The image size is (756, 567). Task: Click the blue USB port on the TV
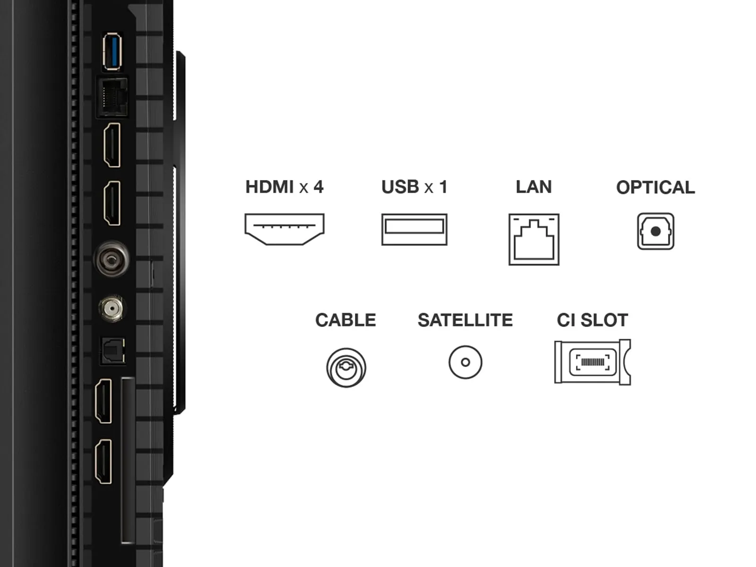click(x=112, y=52)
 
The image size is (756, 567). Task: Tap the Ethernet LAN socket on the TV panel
click(x=112, y=97)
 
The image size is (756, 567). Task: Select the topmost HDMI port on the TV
click(x=112, y=145)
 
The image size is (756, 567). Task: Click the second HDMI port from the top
click(x=112, y=203)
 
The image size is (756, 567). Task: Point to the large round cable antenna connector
click(x=111, y=258)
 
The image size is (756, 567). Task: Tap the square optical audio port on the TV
click(x=113, y=351)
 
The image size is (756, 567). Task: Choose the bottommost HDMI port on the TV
click(x=103, y=461)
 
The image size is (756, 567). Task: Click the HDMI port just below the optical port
click(x=103, y=401)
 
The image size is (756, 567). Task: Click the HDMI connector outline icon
click(x=284, y=229)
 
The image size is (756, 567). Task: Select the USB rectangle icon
click(x=414, y=229)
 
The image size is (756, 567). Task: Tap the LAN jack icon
click(x=534, y=239)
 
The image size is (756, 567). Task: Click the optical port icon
click(x=655, y=231)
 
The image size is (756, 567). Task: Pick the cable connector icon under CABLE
click(x=346, y=367)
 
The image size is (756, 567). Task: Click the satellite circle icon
click(x=465, y=362)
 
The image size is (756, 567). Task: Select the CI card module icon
click(x=593, y=362)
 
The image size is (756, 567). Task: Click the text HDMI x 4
click(x=284, y=187)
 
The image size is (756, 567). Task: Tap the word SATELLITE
click(x=465, y=320)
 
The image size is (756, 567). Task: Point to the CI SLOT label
click(x=593, y=320)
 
